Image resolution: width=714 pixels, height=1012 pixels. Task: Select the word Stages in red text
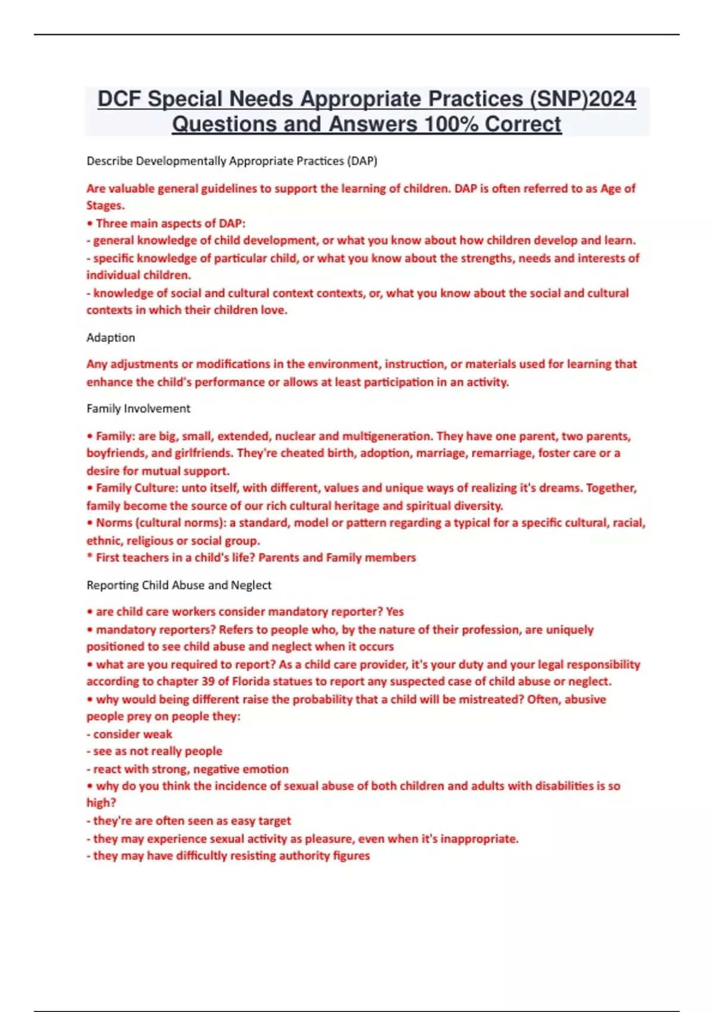105,205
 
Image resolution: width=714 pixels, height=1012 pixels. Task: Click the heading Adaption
111,338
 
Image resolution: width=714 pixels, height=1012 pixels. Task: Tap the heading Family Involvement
138,408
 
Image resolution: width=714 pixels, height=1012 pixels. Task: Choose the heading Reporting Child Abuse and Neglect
178,585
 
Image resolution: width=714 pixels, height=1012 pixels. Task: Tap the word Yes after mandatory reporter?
394,611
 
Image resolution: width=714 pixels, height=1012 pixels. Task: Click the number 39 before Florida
207,681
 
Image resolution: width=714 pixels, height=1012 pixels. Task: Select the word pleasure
328,838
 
